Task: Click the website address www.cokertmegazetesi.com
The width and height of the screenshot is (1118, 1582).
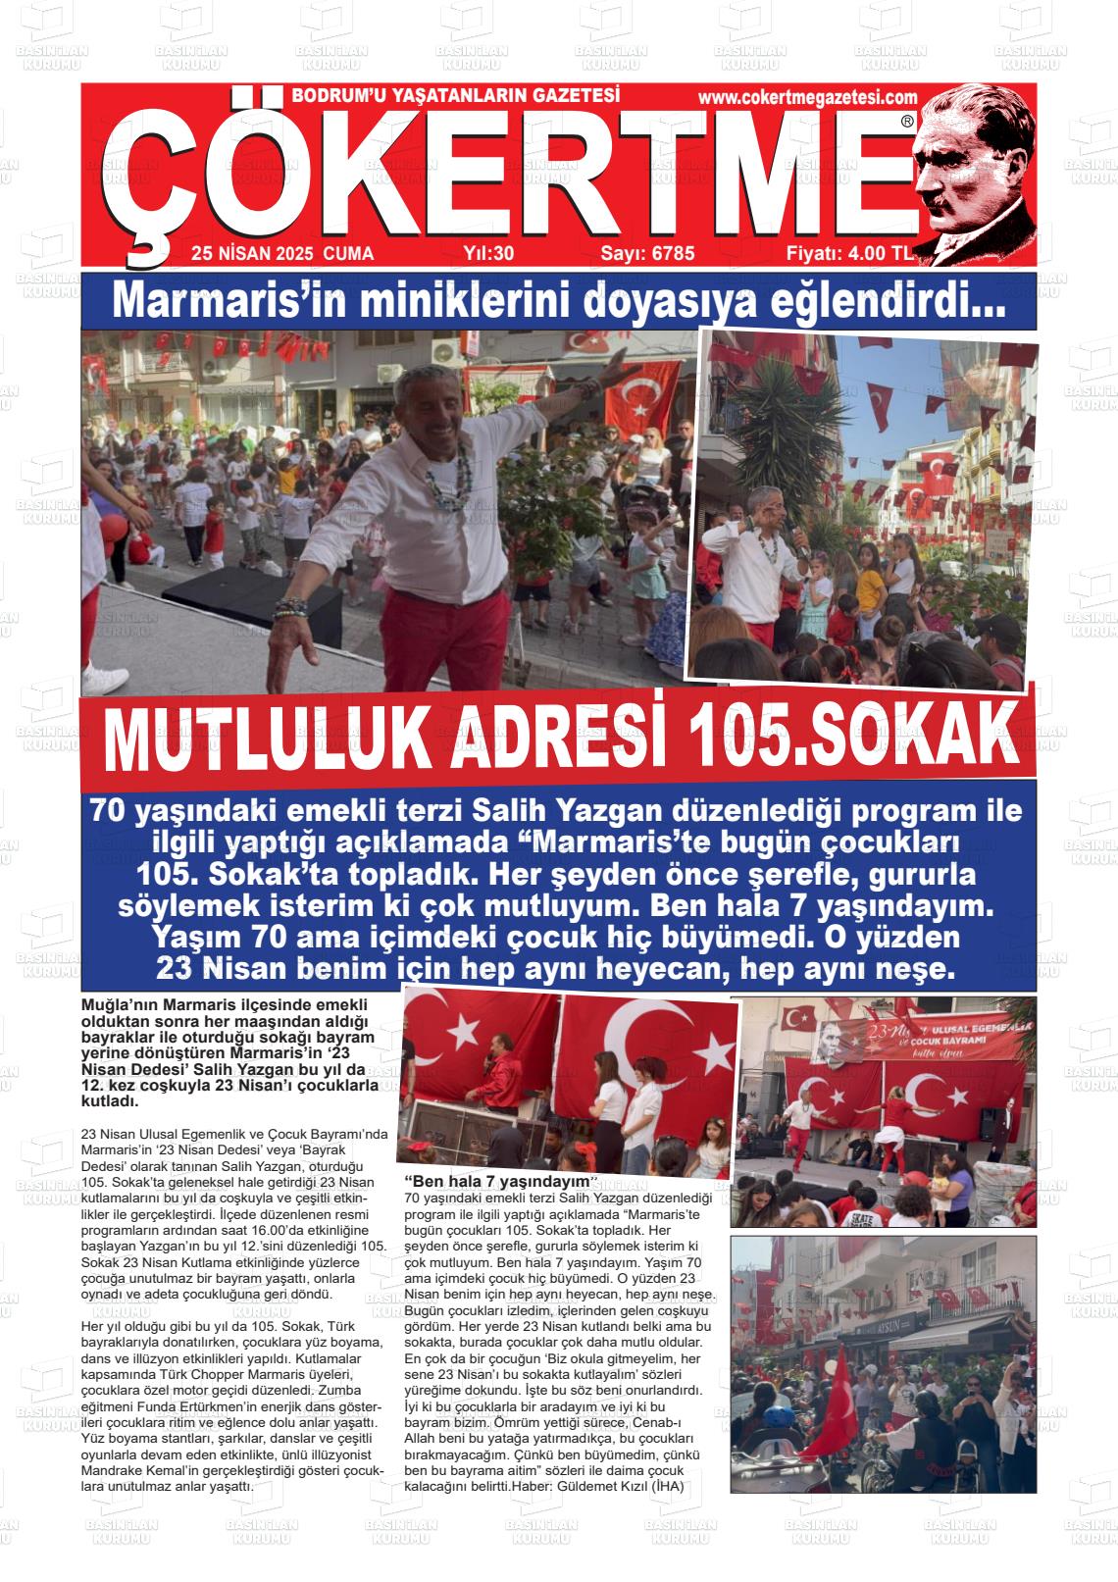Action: click(807, 97)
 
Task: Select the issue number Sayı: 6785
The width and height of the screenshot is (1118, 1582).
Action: click(647, 254)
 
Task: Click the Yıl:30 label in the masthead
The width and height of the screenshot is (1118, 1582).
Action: click(488, 254)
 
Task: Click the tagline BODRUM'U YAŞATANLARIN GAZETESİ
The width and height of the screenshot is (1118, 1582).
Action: click(456, 96)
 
